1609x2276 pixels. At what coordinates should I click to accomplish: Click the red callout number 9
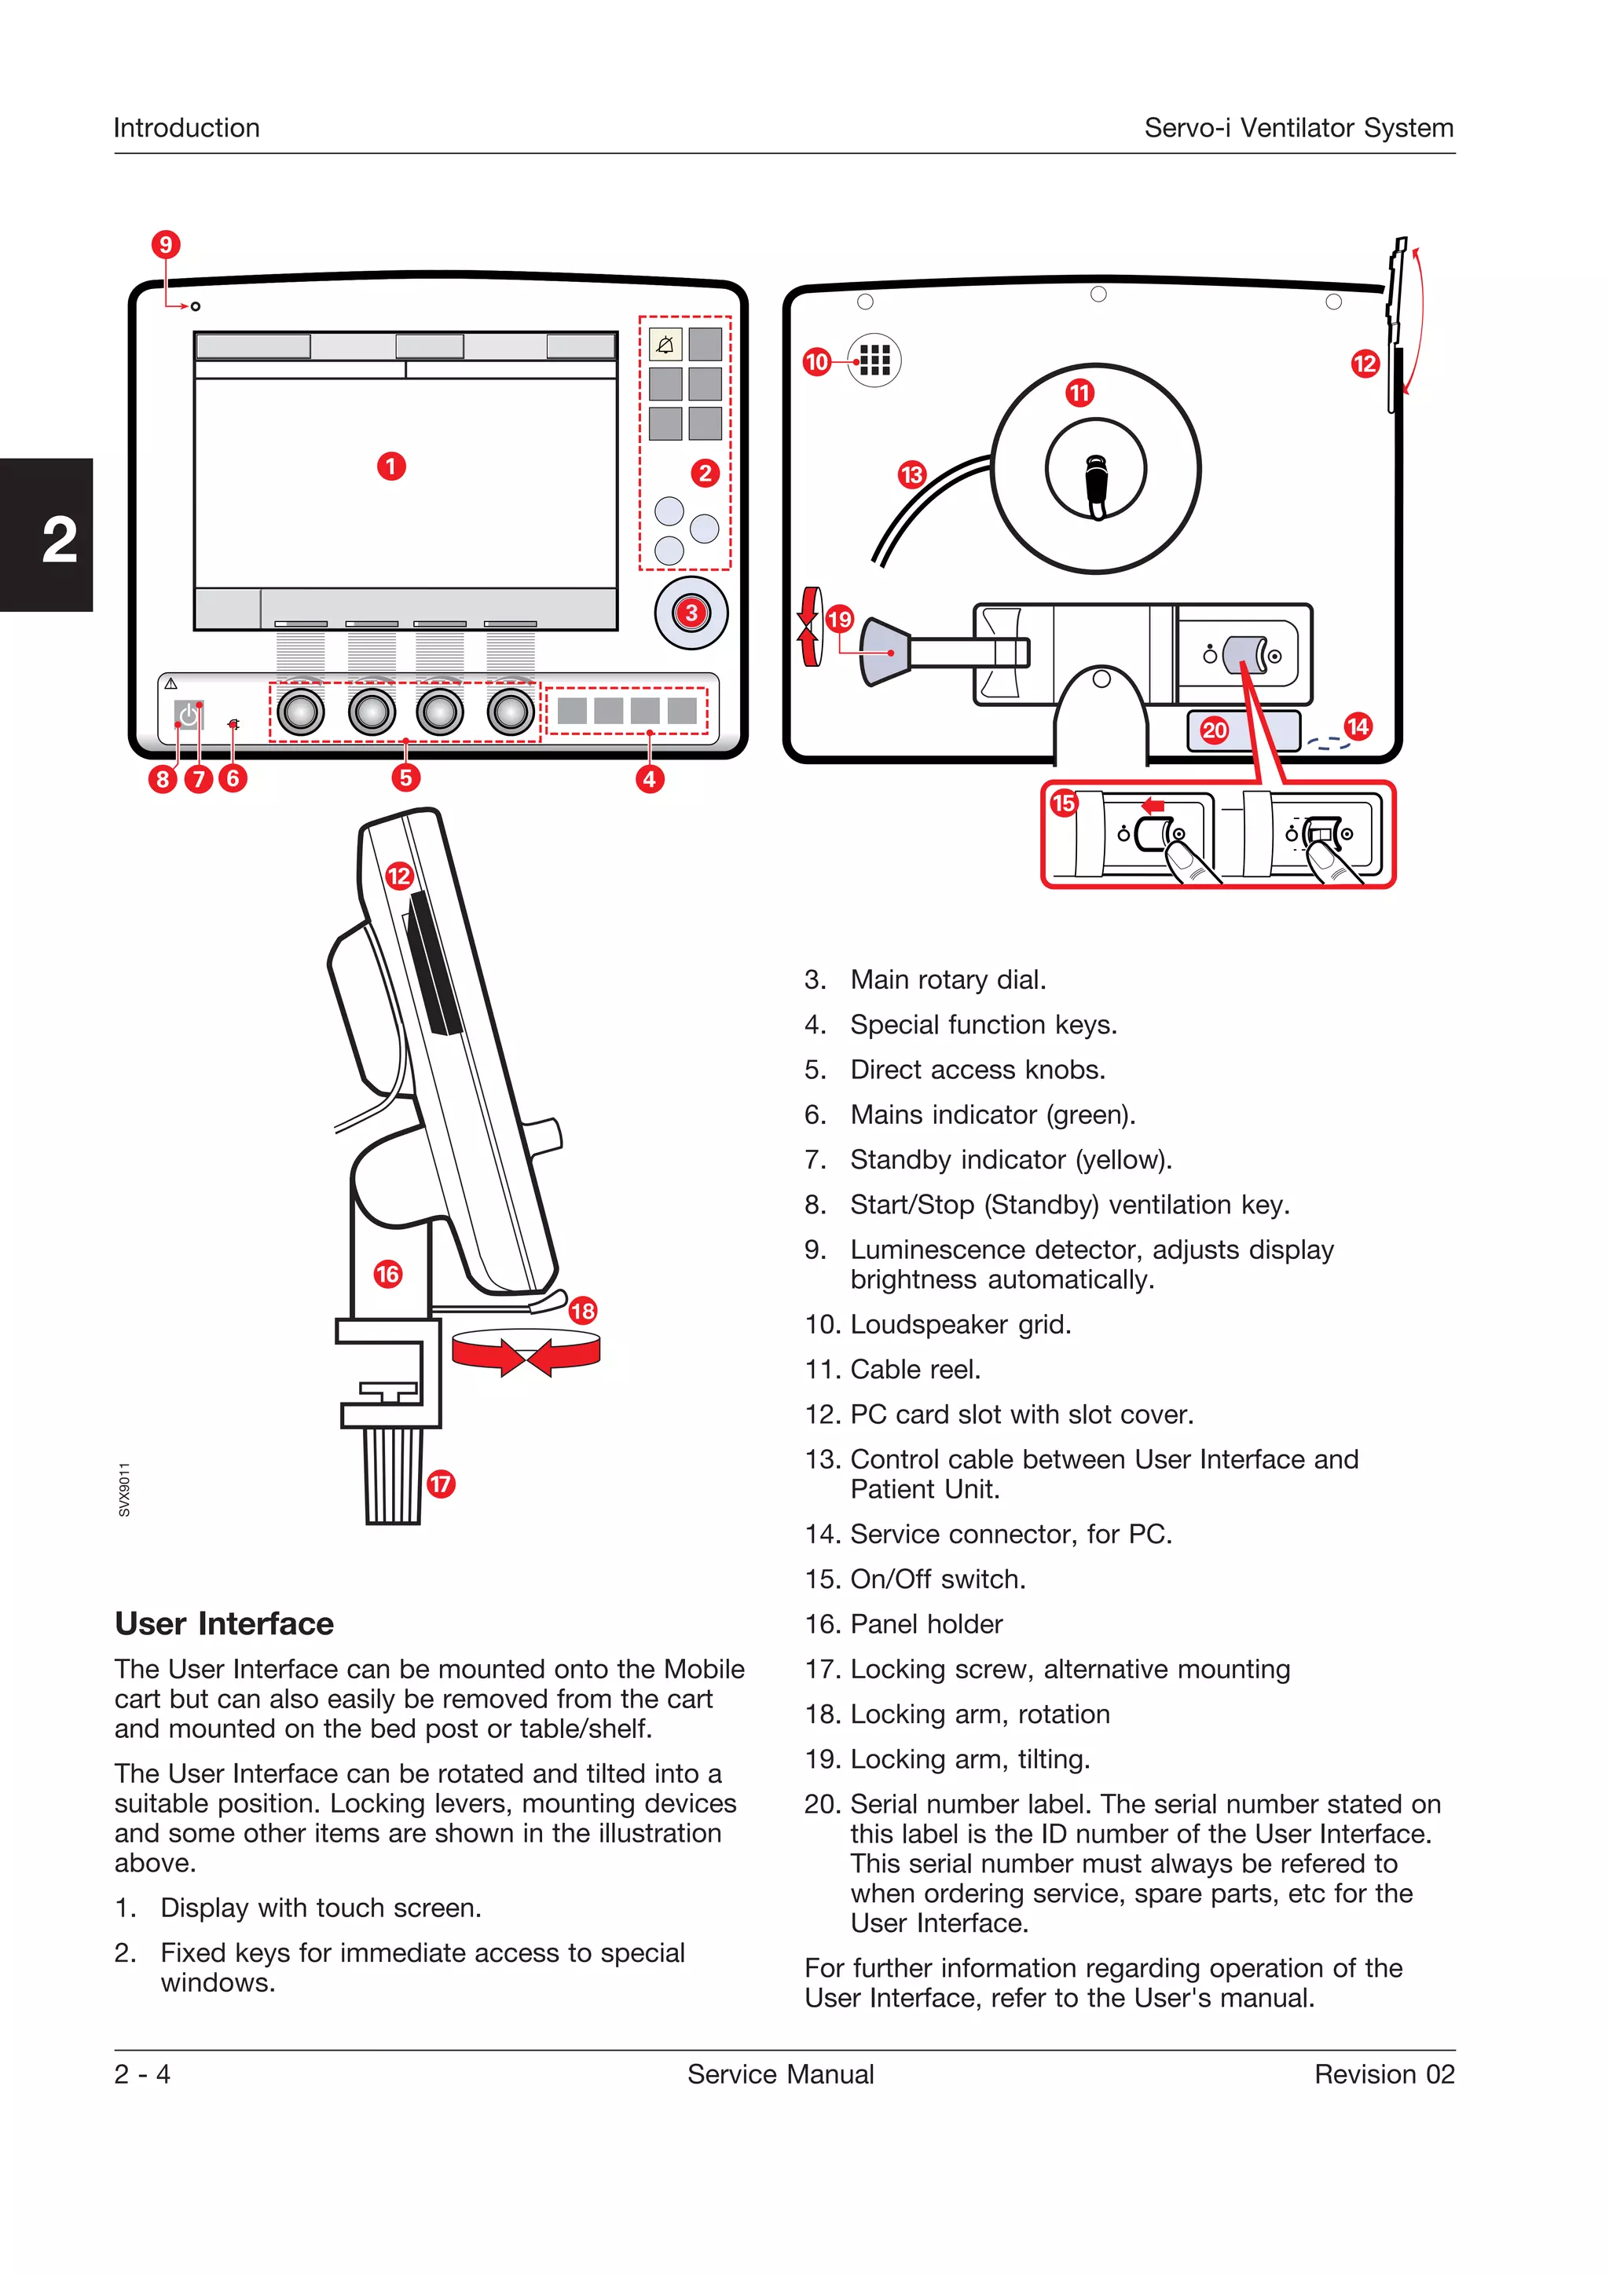pyautogui.click(x=166, y=243)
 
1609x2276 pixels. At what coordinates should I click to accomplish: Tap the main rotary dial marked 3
pyautogui.click(x=691, y=613)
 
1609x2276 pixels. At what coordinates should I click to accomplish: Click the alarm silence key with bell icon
pyautogui.click(x=665, y=345)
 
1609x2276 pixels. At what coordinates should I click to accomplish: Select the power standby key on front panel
pyautogui.click(x=189, y=715)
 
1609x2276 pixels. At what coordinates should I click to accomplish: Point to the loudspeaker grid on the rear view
pyautogui.click(x=874, y=359)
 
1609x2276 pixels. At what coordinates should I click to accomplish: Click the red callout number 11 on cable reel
pyautogui.click(x=1079, y=393)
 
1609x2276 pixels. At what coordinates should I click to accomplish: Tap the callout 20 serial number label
pyautogui.click(x=1215, y=730)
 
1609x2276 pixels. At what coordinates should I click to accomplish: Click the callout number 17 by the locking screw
pyautogui.click(x=440, y=1484)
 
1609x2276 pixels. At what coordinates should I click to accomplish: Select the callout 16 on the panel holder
pyautogui.click(x=387, y=1274)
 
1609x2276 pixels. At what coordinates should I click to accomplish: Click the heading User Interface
pyautogui.click(x=224, y=1623)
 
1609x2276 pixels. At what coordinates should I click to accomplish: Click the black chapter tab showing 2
pyautogui.click(x=46, y=536)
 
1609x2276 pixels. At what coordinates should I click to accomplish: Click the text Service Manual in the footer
pyautogui.click(x=780, y=2074)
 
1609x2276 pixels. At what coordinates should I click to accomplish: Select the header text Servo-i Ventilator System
pyautogui.click(x=1298, y=128)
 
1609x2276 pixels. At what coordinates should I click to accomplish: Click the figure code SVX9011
pyautogui.click(x=124, y=1489)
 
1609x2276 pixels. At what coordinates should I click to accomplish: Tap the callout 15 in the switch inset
pyautogui.click(x=1064, y=802)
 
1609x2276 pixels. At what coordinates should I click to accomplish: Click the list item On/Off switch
pyautogui.click(x=936, y=1579)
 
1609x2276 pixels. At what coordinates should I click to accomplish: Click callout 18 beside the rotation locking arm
pyautogui.click(x=583, y=1311)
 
